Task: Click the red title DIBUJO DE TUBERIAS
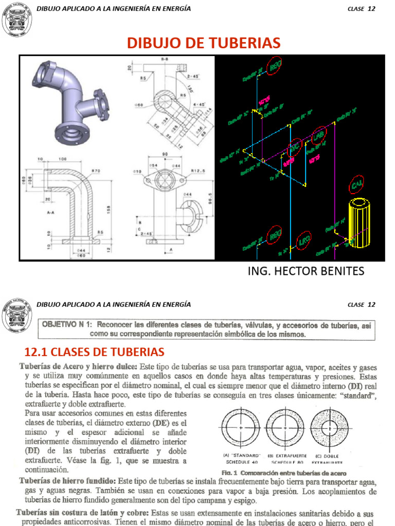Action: click(204, 43)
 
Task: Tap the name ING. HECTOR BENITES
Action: click(306, 271)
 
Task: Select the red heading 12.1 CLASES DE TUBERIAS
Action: click(94, 352)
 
